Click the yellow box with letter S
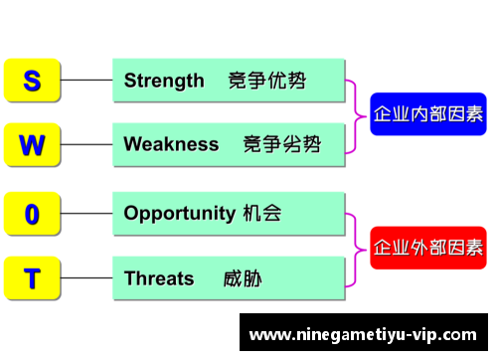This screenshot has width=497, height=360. coord(32,81)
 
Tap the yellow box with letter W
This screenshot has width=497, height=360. coord(32,144)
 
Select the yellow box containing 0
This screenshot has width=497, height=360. coord(32,213)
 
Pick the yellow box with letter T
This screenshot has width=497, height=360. coord(32,277)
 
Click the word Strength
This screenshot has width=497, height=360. coord(164,81)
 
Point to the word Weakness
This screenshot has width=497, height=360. coord(171,144)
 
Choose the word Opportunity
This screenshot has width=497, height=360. coord(180,213)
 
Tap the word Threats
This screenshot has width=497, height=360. coord(159,277)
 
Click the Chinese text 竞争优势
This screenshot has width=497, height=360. coord(266,81)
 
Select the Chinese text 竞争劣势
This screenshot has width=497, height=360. coord(282,144)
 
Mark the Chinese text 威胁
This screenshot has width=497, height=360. coord(243,277)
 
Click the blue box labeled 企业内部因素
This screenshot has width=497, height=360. coord(428,113)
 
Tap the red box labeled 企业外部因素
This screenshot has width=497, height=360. coord(428,246)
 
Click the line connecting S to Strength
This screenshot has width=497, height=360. coord(87,81)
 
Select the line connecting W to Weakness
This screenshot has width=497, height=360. coord(87,144)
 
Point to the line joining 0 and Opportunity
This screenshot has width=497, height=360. coord(87,213)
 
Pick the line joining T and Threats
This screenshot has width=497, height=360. coord(87,277)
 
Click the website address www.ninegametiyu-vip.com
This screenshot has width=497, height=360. coord(362,333)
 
